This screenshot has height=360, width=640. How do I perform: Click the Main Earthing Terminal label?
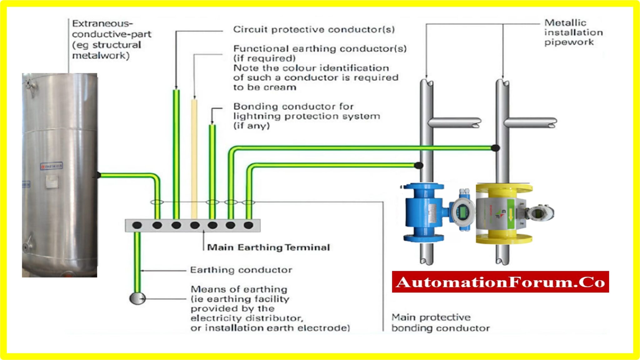pos(268,247)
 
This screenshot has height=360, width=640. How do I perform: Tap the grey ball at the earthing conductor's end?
pos(137,298)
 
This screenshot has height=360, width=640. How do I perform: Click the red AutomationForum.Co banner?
pos(500,282)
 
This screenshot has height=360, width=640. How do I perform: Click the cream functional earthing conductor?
pos(194,156)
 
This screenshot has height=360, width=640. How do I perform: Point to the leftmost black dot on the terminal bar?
pos(137,225)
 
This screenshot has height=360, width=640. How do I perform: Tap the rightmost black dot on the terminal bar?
pos(248,225)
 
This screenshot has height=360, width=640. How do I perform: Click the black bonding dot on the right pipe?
pos(495,148)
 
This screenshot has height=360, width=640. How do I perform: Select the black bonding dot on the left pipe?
pos(419,165)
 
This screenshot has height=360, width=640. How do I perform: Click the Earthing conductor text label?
pos(241,270)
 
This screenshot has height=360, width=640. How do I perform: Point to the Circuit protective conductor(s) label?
pos(314,30)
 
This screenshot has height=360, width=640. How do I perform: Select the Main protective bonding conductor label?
pos(440,323)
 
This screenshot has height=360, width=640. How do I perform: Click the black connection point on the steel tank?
pos(98,175)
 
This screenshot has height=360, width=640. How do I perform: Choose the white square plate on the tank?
pos(52,182)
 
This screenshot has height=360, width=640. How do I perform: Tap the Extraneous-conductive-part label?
pos(111,39)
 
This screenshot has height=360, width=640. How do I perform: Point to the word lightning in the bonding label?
pos(255,116)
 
